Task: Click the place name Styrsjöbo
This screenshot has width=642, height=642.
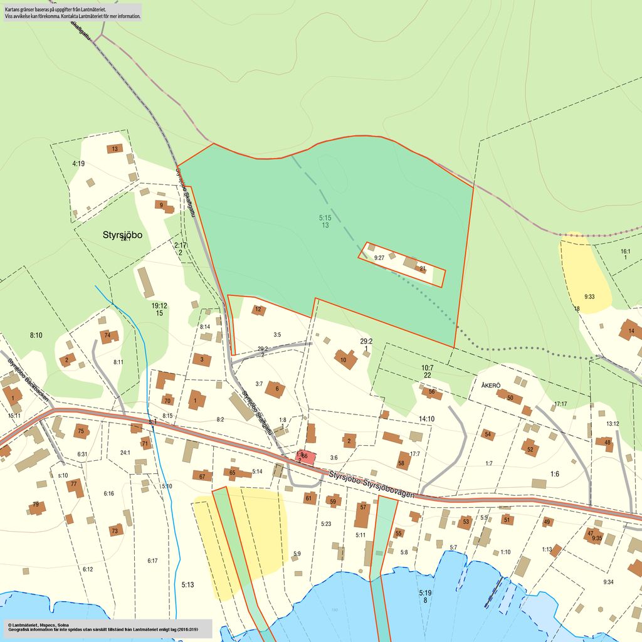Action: pyautogui.click(x=123, y=235)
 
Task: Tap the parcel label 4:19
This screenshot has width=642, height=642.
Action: pyautogui.click(x=78, y=164)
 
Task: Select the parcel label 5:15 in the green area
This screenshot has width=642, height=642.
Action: pyautogui.click(x=325, y=218)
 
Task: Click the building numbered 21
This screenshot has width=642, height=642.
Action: pyautogui.click(x=423, y=268)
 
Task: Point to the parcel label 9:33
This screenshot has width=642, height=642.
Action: pyautogui.click(x=589, y=296)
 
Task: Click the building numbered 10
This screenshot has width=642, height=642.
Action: pyautogui.click(x=344, y=359)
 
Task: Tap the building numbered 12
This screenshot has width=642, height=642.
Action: pyautogui.click(x=258, y=310)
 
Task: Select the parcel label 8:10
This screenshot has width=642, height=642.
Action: pyautogui.click(x=36, y=336)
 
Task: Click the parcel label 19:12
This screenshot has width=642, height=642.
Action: pyautogui.click(x=159, y=305)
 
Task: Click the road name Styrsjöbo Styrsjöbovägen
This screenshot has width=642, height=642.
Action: pyautogui.click(x=371, y=485)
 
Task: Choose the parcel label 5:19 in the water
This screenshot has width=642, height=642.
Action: pyautogui.click(x=426, y=592)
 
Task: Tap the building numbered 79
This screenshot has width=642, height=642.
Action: pyautogui.click(x=36, y=507)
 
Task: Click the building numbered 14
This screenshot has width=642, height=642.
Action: pyautogui.click(x=630, y=330)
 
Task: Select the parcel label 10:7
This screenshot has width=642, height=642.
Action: pyautogui.click(x=427, y=367)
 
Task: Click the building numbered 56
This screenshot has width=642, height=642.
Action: pyautogui.click(x=431, y=392)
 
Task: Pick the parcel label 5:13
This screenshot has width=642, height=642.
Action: pyautogui.click(x=188, y=585)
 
